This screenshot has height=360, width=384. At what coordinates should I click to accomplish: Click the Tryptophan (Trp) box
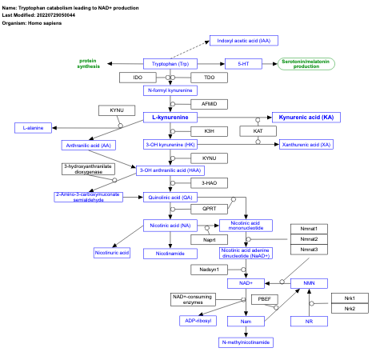[170, 63]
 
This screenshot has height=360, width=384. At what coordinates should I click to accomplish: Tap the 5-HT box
[242, 63]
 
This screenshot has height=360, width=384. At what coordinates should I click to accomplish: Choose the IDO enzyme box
[138, 77]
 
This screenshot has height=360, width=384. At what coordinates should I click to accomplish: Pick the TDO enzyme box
[210, 77]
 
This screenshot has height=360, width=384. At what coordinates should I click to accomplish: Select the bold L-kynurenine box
[170, 118]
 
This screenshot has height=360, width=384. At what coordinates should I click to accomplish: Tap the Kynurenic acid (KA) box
[306, 118]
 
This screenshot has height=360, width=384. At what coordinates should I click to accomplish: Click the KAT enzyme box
[258, 130]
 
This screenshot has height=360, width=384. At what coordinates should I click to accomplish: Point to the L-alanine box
[33, 127]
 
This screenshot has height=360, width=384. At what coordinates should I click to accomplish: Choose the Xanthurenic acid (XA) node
[306, 145]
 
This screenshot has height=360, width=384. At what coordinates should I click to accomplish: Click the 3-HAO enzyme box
[210, 183]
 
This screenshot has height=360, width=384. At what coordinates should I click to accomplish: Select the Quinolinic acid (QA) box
[170, 196]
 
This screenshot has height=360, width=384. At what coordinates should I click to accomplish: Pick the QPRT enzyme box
[210, 209]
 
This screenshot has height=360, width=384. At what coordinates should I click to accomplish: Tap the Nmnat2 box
[309, 239]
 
